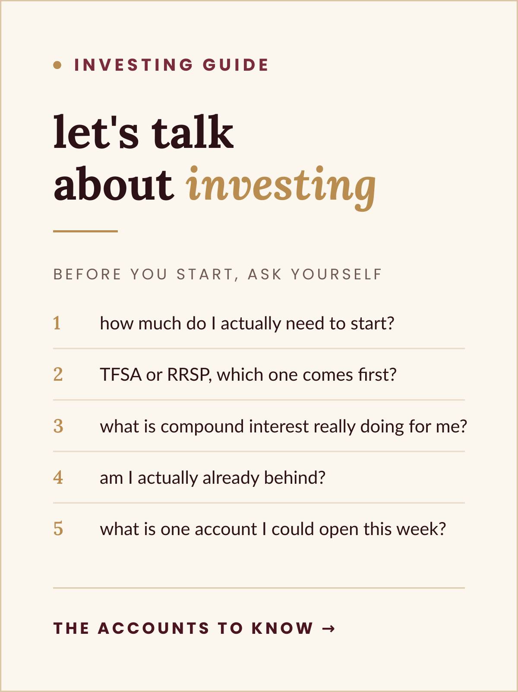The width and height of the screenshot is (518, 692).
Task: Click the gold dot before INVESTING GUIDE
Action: point(57,65)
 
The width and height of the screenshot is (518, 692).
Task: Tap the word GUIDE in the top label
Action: point(236,65)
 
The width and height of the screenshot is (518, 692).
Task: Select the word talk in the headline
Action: point(193,132)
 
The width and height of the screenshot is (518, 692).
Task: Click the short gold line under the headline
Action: point(85,232)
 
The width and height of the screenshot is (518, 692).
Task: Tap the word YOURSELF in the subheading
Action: point(337,274)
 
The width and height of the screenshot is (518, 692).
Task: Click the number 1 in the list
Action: point(57,323)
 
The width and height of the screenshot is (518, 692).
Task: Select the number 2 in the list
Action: point(58,375)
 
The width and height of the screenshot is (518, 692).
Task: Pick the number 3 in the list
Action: point(58,426)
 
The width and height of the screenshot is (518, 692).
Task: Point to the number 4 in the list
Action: point(58,478)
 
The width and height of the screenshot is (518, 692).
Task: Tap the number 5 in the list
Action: point(58,529)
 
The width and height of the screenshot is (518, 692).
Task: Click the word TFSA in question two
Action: point(120,375)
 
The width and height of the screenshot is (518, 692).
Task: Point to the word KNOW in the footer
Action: point(282,628)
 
